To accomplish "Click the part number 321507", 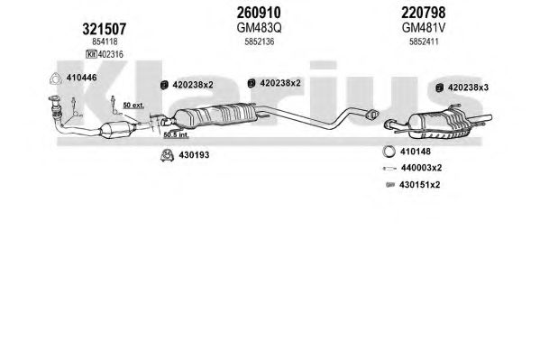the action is tap(104, 29).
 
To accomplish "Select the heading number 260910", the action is tap(259, 13).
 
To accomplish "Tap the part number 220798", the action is tap(423, 13).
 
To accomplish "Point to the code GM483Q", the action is tap(259, 28).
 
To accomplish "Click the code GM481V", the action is tap(424, 28).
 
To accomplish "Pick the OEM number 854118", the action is tap(105, 42).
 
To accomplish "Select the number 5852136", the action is tap(260, 42).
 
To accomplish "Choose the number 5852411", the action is tap(424, 42).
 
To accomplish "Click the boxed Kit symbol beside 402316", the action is tap(91, 54).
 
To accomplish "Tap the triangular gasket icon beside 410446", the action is tap(55, 79).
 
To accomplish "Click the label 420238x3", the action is tap(468, 88).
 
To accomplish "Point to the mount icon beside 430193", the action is tap(167, 155).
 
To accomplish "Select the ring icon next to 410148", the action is tap(389, 152).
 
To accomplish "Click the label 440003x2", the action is tap(421, 168).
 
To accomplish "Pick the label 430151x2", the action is tap(419, 185).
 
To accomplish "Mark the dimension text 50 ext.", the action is tap(133, 106).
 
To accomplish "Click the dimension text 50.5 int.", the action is tap(176, 134).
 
